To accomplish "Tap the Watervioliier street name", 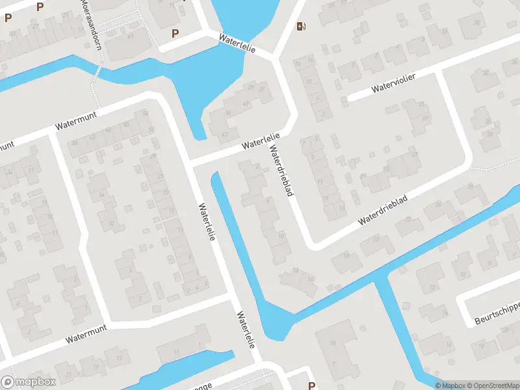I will pyautogui.click(x=393, y=83).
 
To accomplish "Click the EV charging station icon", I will pyautogui.click(x=300, y=26).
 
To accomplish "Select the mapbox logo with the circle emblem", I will pyautogui.click(x=29, y=382).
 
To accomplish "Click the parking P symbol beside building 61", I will pyautogui.click(x=174, y=33).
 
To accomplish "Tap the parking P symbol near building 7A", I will pyautogui.click(x=311, y=385).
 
